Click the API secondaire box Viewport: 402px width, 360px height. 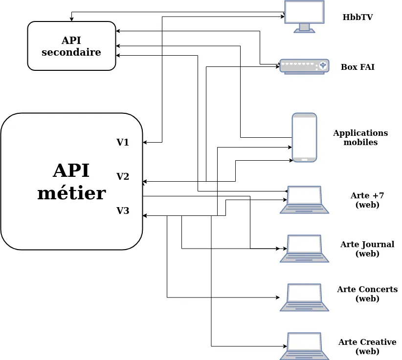pyautogui.click(x=71, y=46)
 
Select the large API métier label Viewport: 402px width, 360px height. pyautogui.click(x=71, y=182)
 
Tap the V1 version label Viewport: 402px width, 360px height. pyautogui.click(x=123, y=143)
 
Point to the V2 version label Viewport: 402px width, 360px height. pyautogui.click(x=123, y=176)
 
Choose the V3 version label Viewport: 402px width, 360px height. pyautogui.click(x=123, y=211)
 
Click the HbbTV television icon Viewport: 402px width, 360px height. pyautogui.click(x=304, y=16)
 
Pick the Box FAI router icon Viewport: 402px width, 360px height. pyautogui.click(x=304, y=66)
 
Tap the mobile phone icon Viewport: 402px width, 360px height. pyautogui.click(x=304, y=137)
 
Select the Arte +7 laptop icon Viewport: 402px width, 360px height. pyautogui.click(x=304, y=199)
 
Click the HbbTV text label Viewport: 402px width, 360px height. pyautogui.click(x=357, y=17)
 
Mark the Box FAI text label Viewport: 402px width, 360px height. pyautogui.click(x=357, y=67)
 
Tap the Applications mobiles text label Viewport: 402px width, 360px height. pyautogui.click(x=360, y=137)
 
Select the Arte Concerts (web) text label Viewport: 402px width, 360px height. pyautogui.click(x=367, y=294)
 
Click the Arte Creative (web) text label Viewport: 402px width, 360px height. pyautogui.click(x=367, y=346)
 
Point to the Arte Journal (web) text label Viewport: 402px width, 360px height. pyautogui.click(x=367, y=249)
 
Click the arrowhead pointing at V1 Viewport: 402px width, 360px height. pyautogui.click(x=145, y=143)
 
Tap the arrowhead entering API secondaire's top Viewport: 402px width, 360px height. pyautogui.click(x=71, y=20)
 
